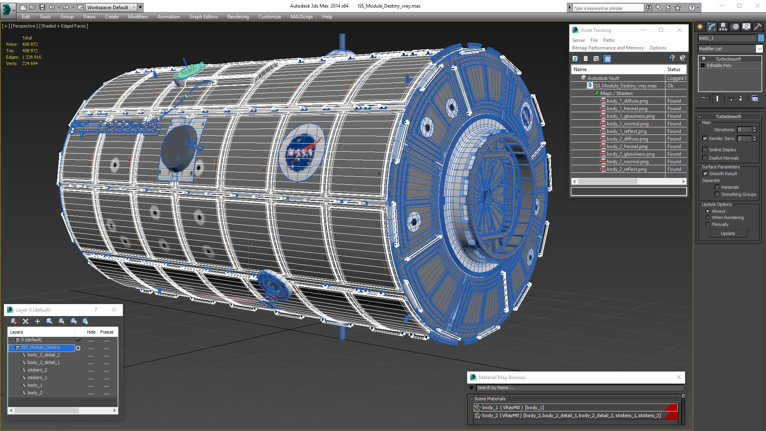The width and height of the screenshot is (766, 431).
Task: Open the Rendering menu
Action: pos(238,17)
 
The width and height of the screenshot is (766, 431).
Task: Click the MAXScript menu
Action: pos(301,17)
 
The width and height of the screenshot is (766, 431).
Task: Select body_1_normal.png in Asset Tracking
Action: pos(627,124)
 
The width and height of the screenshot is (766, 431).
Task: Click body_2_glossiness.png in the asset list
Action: pos(630,154)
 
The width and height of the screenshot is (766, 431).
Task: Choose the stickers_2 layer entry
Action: pos(37,370)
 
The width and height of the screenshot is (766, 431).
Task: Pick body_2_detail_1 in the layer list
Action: pos(43,362)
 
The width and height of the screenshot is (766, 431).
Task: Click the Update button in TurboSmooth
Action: pos(728,233)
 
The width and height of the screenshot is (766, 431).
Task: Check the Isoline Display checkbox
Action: pos(705,150)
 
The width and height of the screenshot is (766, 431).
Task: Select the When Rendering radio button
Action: pos(708,217)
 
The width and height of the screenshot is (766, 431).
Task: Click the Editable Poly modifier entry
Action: pos(719,65)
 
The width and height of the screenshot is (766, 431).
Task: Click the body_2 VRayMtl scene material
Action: pos(571,415)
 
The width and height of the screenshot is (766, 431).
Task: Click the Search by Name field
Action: pos(578,388)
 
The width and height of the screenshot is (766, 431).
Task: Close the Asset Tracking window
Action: pos(679,30)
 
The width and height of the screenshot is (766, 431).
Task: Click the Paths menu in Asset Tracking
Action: pos(608,40)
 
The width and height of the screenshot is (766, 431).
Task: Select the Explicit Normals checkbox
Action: pos(705,158)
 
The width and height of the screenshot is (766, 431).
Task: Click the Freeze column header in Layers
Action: pos(107,332)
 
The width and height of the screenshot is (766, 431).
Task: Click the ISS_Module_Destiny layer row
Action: pos(41,348)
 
